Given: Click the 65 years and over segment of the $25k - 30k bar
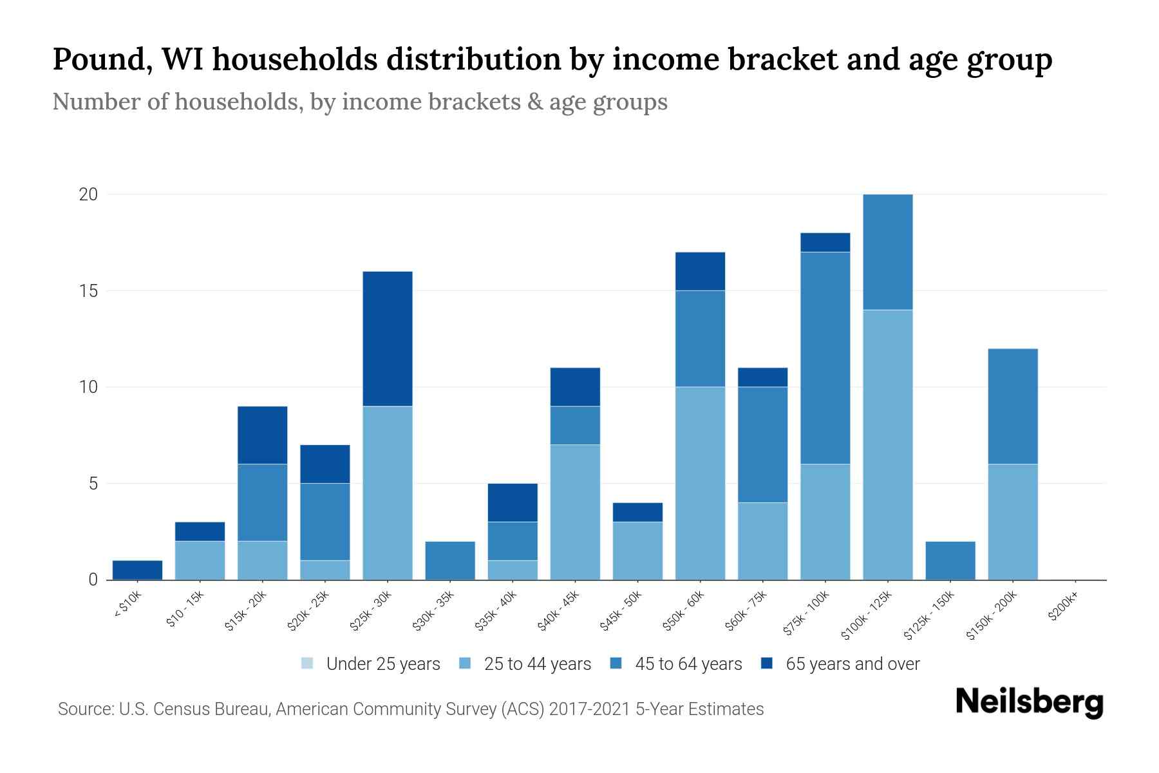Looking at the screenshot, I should [x=388, y=339].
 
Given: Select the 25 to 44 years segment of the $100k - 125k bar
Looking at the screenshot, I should [x=888, y=444].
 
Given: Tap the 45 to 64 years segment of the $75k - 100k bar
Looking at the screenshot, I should [x=825, y=358].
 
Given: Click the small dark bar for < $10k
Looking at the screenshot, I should [x=137, y=570].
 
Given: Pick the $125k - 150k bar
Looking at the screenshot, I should [x=950, y=560].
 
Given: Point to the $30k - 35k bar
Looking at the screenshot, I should [x=450, y=560].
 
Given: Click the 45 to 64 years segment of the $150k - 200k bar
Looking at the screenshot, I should [x=1013, y=406].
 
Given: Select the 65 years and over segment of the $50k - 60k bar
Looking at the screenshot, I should [x=700, y=271].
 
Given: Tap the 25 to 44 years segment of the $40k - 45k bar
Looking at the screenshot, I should [x=575, y=512].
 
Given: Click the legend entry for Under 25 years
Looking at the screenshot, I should [x=382, y=664].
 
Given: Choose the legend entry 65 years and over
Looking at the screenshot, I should [x=852, y=664].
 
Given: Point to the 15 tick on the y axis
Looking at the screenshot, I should [x=88, y=291].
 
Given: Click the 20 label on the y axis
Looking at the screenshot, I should [x=88, y=195].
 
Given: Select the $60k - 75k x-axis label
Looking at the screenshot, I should [x=746, y=611].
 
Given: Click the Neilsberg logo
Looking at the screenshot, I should [x=1029, y=702].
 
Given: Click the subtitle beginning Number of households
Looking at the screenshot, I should [x=359, y=102].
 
